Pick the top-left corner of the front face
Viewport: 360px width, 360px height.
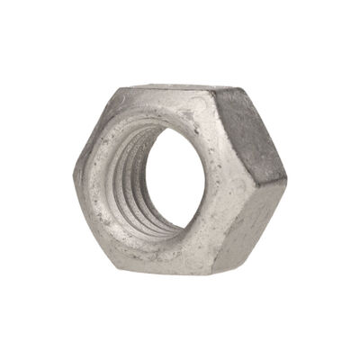[x=115, y=91]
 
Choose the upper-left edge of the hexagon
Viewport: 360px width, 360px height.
[x=94, y=130]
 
